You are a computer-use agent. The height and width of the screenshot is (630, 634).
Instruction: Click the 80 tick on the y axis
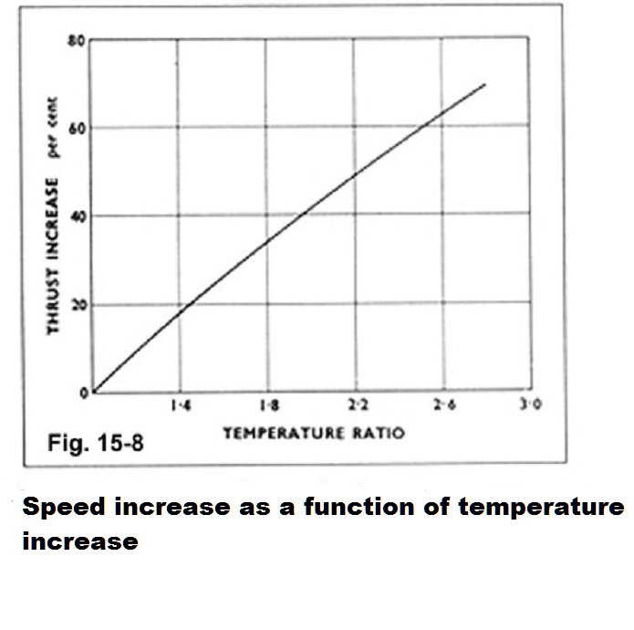(80, 41)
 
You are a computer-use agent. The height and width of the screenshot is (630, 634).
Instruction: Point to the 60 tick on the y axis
(80, 128)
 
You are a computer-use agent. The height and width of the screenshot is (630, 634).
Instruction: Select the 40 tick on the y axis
(80, 215)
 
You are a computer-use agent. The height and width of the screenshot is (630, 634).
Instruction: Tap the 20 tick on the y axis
(80, 303)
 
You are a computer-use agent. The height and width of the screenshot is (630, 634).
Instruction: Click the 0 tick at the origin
(84, 393)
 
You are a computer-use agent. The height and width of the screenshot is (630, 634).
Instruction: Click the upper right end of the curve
(485, 84)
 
